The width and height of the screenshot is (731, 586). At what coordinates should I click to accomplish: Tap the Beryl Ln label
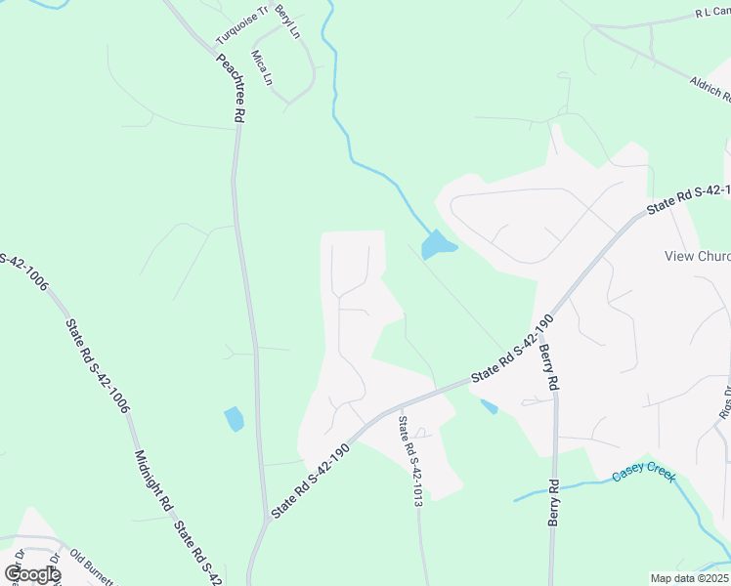286,21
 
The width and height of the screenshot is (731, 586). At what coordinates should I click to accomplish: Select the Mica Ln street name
262,67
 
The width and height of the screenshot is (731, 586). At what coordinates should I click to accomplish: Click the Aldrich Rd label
709,89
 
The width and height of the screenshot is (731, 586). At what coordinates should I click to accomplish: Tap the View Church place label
697,257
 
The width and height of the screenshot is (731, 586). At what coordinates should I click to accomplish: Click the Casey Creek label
644,476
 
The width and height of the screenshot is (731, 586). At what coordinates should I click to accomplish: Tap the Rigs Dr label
725,401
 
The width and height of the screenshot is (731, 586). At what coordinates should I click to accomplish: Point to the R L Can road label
712,13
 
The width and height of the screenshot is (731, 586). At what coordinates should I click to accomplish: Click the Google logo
32,574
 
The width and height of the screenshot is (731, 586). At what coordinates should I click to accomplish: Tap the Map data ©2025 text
689,578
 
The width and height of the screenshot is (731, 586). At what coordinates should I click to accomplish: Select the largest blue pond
437,245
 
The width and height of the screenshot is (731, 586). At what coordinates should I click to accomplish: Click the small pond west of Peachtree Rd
234,419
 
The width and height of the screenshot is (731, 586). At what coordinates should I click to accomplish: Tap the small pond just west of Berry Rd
489,406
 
